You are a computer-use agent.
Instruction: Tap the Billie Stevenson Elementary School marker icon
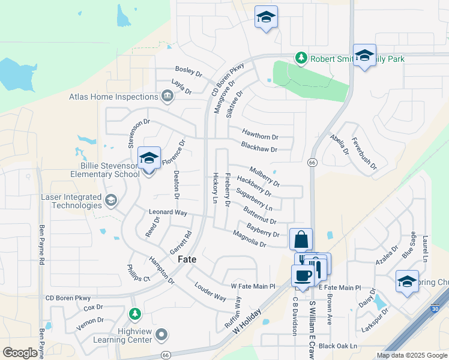[149, 159]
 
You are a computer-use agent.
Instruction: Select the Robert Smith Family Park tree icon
[301, 58]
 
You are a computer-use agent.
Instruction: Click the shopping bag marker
[301, 239]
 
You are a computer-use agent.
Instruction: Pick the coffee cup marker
[302, 275]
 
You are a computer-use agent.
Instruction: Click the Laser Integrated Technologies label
[70, 201]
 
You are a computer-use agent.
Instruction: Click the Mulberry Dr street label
[265, 177]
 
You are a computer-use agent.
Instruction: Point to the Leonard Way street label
[168, 212]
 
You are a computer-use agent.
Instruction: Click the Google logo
[20, 353]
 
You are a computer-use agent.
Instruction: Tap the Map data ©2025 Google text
[411, 355]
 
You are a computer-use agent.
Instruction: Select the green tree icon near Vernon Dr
[135, 314]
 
